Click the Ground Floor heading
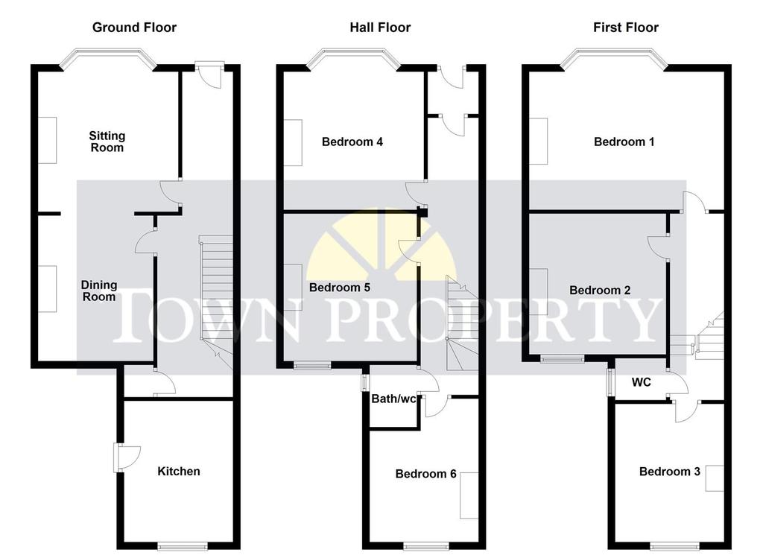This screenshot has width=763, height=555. coord(134,28)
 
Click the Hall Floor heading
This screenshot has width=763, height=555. coord(380,28)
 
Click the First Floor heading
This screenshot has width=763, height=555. coord(626,28)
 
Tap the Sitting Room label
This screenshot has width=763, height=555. coord(107,142)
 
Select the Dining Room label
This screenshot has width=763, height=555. coord(99,291)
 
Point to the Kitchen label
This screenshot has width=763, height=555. coord(179,471)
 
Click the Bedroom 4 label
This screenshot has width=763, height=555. coord(352,142)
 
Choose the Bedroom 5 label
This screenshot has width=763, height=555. coord(340,288)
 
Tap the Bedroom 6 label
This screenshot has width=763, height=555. coord(425,474)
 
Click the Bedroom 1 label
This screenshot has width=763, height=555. coord(624,142)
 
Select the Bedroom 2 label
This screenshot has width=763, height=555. coord(600,290)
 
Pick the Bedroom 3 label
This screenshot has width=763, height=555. coord(670,472)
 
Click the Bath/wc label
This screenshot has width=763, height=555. coord(393,399)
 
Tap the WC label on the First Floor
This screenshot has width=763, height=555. coord(642,382)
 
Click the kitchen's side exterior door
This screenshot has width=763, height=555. coord(125,457)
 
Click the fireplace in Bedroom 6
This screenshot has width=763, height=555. coord(469,495)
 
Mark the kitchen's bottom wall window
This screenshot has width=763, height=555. coord(183,546)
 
